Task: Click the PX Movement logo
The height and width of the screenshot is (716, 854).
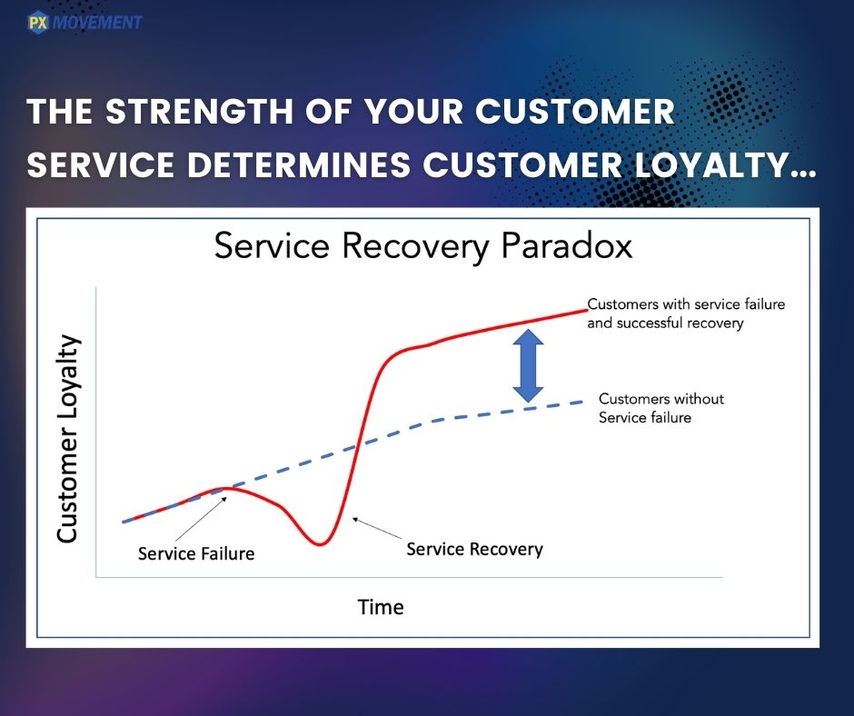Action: pyautogui.click(x=84, y=23)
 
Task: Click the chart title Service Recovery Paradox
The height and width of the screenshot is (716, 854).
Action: pyautogui.click(x=423, y=245)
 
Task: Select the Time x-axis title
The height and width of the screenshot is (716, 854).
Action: pyautogui.click(x=381, y=607)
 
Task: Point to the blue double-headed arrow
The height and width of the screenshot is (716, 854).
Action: pyautogui.click(x=529, y=365)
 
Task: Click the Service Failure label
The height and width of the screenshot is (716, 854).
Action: pyautogui.click(x=196, y=553)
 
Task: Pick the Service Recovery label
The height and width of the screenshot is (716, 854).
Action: pyautogui.click(x=474, y=549)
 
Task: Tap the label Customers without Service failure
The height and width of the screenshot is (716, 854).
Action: pyautogui.click(x=661, y=408)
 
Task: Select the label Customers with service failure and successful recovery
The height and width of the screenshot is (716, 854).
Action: pyautogui.click(x=686, y=313)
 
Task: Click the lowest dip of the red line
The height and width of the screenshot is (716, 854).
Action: pyautogui.click(x=320, y=543)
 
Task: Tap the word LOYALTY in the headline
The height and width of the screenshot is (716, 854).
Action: pyautogui.click(x=712, y=164)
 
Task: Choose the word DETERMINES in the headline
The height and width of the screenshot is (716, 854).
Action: pyautogui.click(x=299, y=164)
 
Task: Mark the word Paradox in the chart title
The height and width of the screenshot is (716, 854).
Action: pyautogui.click(x=566, y=245)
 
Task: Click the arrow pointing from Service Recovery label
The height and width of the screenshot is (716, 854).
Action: pyautogui.click(x=377, y=529)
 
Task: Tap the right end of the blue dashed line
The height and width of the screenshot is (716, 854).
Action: pyautogui.click(x=582, y=402)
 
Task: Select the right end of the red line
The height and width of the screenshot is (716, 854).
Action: pyautogui.click(x=587, y=311)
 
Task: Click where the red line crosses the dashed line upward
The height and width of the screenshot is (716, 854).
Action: pyautogui.click(x=356, y=446)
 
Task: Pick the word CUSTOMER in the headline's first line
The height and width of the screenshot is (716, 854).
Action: pyautogui.click(x=575, y=111)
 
